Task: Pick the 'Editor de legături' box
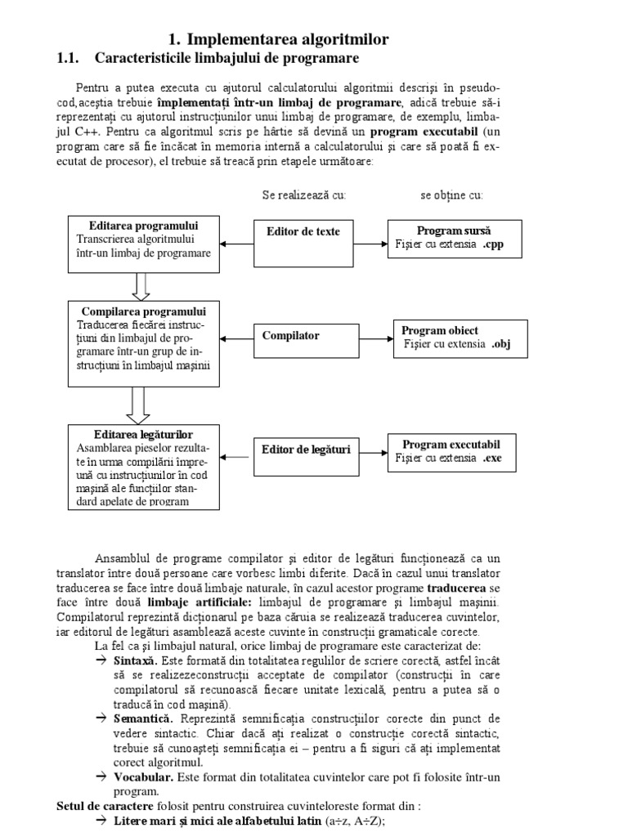[x=306, y=450]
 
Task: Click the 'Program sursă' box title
[x=454, y=231]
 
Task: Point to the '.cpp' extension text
[x=494, y=244]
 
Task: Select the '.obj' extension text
[x=501, y=344]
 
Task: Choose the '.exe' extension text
[x=492, y=459]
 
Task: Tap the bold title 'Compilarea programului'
[x=144, y=311]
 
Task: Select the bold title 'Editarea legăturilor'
[x=144, y=433]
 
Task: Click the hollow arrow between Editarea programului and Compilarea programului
[x=140, y=285]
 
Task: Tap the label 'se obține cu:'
[x=451, y=195]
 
